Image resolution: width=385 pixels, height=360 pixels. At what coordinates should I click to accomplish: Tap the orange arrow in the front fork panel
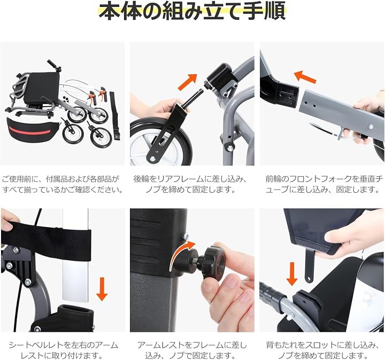click(305, 76)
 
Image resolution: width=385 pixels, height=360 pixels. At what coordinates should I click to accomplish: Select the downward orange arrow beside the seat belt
click(102, 289)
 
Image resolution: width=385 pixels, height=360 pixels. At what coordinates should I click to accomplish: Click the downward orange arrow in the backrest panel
click(292, 274)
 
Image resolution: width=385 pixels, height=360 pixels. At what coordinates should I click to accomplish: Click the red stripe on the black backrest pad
click(29, 130)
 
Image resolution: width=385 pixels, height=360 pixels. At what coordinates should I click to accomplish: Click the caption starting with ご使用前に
click(62, 184)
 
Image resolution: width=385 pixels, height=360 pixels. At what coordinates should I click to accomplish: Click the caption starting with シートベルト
click(63, 350)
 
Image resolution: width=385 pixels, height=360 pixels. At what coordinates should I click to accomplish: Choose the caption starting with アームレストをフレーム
click(192, 350)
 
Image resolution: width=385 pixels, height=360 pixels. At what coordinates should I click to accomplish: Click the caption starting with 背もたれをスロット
click(322, 350)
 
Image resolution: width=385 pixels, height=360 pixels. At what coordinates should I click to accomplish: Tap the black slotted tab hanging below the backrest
click(310, 265)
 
